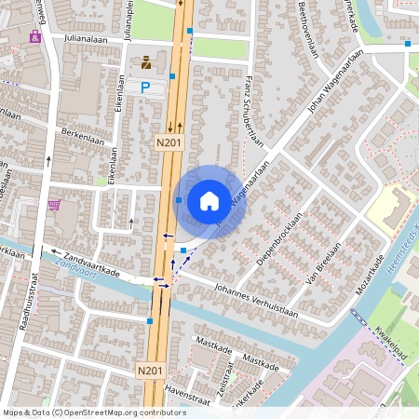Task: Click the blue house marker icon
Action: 209,200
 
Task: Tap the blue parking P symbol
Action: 145,87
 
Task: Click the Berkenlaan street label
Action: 80,133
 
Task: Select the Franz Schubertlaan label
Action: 250,107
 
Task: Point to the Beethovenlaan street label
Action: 305,29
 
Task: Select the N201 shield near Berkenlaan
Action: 168,142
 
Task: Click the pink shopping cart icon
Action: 54,205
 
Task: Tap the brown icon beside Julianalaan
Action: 146,62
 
